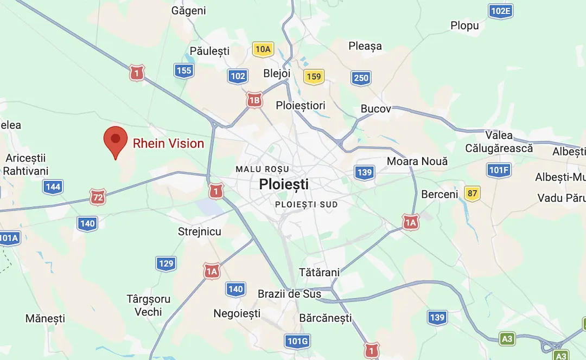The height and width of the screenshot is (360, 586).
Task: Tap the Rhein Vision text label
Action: [x=168, y=144]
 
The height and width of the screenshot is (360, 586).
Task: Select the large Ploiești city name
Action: [x=284, y=184]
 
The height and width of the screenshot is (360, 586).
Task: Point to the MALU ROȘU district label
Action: [x=262, y=169]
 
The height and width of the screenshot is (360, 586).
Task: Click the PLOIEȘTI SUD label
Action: [x=307, y=204]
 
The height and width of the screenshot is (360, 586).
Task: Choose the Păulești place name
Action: [x=209, y=51]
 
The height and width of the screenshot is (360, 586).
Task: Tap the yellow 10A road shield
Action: [x=263, y=49]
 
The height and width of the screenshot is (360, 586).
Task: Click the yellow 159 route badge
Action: [x=314, y=76]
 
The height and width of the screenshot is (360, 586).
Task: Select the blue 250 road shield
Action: [x=361, y=78]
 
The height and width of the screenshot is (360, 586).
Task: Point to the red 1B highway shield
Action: [x=254, y=100]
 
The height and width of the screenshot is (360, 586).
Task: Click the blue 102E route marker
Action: [x=500, y=11]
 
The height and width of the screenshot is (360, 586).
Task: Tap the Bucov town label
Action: [x=376, y=109]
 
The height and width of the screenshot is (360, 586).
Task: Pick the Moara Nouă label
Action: [x=417, y=162]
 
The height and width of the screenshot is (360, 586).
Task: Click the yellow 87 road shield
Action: [x=473, y=194]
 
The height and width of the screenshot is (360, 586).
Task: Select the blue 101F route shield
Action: [x=499, y=170]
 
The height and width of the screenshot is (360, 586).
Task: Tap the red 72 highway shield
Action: [x=98, y=197]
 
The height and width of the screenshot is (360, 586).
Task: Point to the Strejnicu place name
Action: [x=200, y=232]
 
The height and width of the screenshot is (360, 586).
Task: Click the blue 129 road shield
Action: [x=166, y=264]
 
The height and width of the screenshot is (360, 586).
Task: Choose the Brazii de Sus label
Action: [x=289, y=294]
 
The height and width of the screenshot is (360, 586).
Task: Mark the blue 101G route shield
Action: [x=297, y=341]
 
